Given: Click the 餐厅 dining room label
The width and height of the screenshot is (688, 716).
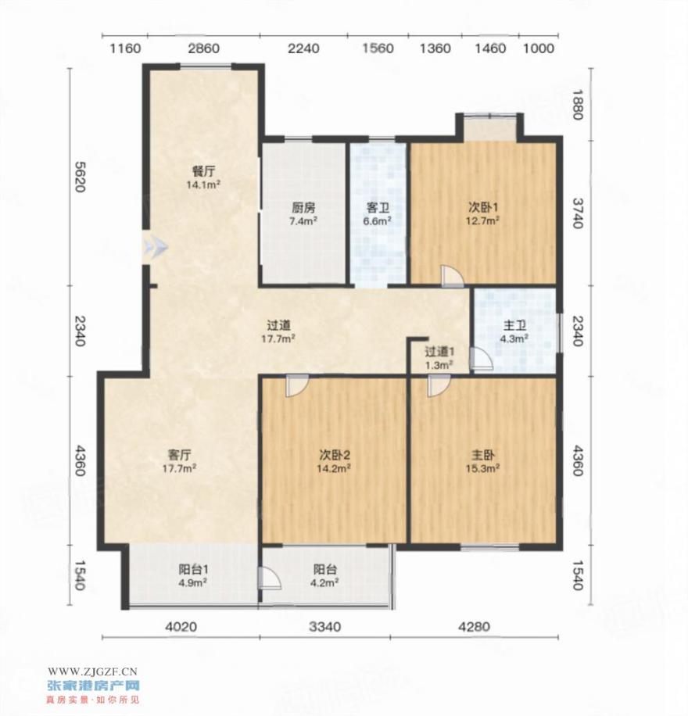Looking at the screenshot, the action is (x=203, y=171).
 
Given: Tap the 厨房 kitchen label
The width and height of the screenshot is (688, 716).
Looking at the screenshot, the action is (x=303, y=208).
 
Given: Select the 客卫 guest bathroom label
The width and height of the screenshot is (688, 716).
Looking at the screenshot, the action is (x=378, y=208).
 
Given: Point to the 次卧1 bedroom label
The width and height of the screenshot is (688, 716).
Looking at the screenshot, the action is (x=483, y=207).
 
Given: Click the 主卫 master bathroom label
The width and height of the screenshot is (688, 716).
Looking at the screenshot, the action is (x=514, y=326).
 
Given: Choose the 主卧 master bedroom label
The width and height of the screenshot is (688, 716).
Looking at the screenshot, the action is (x=483, y=455).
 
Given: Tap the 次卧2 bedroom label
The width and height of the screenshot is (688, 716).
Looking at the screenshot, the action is (x=335, y=455).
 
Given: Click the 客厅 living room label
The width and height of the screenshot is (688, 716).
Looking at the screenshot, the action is (x=179, y=455).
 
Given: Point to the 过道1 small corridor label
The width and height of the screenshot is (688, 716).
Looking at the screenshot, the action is (x=439, y=352).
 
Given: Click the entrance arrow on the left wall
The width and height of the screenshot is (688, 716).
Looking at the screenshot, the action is (x=156, y=247).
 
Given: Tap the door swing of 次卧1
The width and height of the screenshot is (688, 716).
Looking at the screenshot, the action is (x=452, y=276).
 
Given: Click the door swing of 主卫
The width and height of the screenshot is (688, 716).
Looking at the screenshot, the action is (x=481, y=359).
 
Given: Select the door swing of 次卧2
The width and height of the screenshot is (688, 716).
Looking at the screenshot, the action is (x=297, y=385).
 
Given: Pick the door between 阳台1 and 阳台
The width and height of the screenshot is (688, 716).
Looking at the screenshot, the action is (x=269, y=578).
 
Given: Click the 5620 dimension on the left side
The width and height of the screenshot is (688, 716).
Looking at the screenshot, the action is (x=80, y=177).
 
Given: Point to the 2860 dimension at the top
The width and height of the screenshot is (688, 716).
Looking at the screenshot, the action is (x=204, y=48).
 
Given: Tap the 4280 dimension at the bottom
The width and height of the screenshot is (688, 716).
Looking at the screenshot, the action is (x=475, y=627).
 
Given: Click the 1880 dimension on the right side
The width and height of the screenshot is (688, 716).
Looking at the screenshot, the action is (x=578, y=105).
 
